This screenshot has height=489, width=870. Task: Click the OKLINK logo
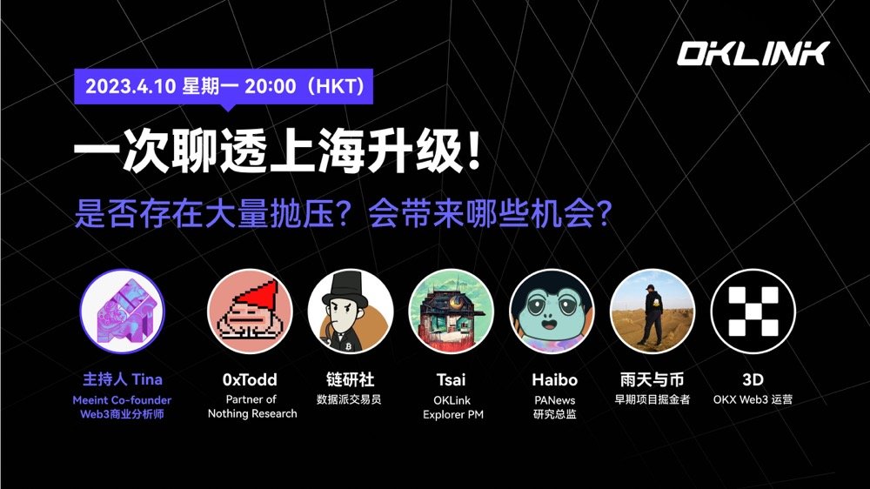point(753,54)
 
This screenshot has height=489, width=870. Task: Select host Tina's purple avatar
point(122,311)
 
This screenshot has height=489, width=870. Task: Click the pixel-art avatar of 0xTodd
point(251,311)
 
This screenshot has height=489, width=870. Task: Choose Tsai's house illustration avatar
point(452,311)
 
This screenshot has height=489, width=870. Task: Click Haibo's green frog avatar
point(552,311)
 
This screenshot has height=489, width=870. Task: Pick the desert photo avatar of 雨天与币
point(652,311)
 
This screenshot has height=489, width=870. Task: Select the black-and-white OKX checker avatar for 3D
point(753,311)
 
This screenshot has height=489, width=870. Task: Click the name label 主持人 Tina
point(122,379)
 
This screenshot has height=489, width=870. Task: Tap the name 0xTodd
point(251,379)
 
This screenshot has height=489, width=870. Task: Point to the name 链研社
point(350,379)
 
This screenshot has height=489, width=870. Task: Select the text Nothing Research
point(252,413)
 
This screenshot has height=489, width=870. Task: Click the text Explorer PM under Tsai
point(453,414)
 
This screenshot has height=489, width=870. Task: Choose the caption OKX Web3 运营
point(753,399)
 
